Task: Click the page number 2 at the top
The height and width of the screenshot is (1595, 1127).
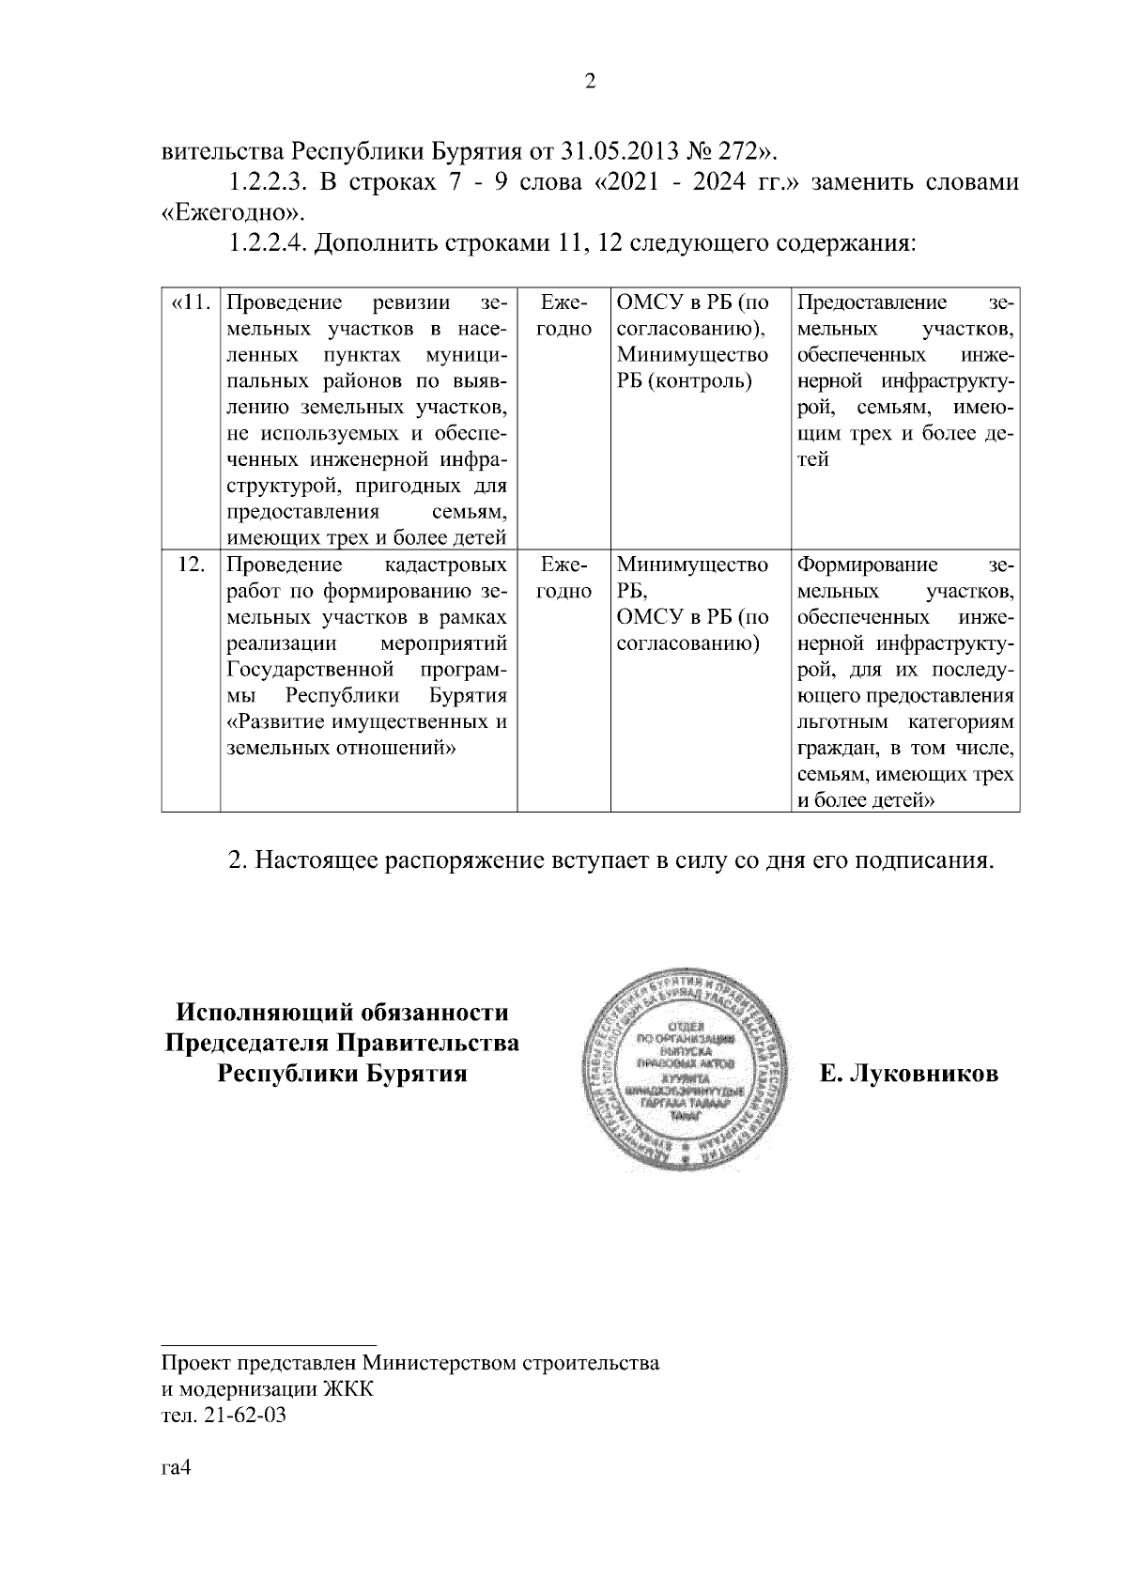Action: (590, 82)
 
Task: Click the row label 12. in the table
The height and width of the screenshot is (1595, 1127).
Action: (192, 565)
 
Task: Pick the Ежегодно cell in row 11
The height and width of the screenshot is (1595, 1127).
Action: (564, 317)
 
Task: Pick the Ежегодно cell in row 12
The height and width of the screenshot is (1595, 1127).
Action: (564, 579)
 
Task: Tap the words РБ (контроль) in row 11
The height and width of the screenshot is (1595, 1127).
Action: (685, 381)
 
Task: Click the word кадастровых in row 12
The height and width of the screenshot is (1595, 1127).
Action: (446, 565)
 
